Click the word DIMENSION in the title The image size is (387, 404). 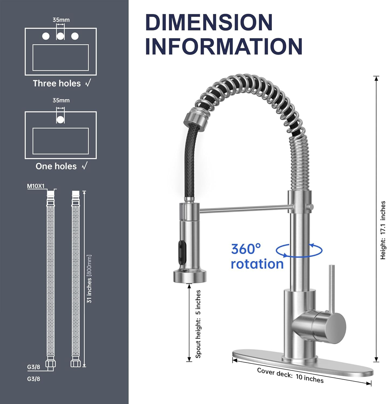click(209, 22)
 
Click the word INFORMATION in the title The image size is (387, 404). click(224, 46)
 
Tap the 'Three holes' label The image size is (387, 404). click(57, 83)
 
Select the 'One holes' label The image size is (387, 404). click(56, 166)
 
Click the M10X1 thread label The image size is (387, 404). click(36, 186)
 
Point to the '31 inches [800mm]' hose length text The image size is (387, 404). click(89, 279)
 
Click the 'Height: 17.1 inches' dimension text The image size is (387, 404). click(383, 230)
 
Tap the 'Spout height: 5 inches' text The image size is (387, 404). click(198, 324)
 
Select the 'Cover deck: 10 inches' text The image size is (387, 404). click(290, 375)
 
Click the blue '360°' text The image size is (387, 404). click(246, 249)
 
